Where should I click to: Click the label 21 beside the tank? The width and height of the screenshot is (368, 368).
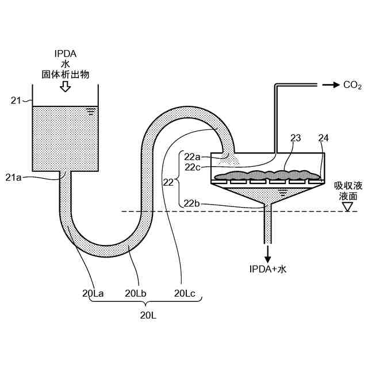tap(16, 101)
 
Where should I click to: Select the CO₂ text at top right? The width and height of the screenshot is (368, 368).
tap(352, 86)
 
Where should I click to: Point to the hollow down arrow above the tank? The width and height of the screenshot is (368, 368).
tap(65, 86)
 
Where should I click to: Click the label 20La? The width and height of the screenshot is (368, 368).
tap(93, 293)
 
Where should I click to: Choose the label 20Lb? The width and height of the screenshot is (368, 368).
tap(136, 293)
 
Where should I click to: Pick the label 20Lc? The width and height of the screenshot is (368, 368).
tap(185, 293)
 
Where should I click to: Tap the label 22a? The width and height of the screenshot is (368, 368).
tap(193, 156)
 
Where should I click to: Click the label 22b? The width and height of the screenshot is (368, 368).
tap(193, 203)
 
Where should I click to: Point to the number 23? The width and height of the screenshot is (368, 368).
tap(296, 137)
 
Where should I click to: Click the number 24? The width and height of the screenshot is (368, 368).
tap(324, 137)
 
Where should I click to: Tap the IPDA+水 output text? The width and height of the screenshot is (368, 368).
tap(267, 269)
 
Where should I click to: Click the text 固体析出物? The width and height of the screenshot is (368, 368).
tap(65, 75)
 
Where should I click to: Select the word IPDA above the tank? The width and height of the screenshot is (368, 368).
tap(65, 55)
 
